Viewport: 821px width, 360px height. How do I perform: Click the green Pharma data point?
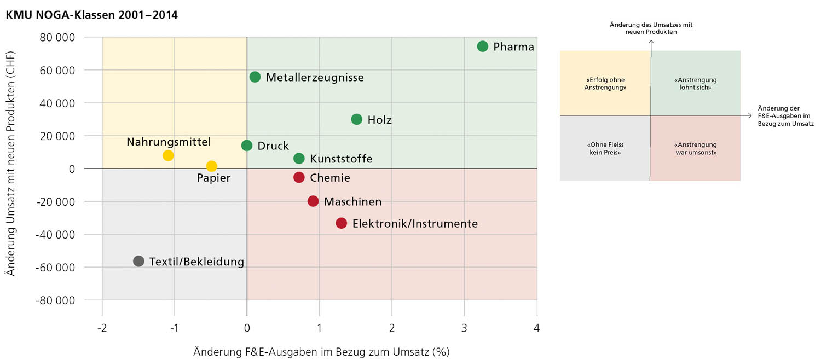pos(482,46)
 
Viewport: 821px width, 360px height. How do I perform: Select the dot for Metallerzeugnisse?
pos(255,77)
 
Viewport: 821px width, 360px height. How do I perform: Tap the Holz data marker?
pos(357,119)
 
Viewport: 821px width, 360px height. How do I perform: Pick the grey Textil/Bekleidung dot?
pos(138,261)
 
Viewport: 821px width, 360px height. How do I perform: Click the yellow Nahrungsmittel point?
pos(168,155)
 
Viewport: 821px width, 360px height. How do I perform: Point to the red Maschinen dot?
pos(313,201)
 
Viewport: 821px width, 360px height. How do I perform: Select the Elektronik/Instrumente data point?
pos(342,223)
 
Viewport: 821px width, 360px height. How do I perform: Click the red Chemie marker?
pos(299,177)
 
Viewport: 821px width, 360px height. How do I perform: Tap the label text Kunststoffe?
pos(341,159)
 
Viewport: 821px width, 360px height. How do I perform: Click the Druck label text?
pos(273,146)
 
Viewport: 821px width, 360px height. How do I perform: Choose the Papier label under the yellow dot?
pos(213,178)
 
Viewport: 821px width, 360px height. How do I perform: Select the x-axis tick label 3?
pos(464,328)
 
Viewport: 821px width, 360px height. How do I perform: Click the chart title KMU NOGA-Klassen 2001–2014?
pos(91,15)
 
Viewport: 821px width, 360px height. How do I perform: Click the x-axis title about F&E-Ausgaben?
pos(321,351)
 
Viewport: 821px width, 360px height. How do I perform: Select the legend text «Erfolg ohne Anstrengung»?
pos(605,83)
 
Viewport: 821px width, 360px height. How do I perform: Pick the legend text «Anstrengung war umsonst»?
pos(695,149)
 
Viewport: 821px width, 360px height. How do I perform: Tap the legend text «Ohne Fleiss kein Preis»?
pos(605,149)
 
